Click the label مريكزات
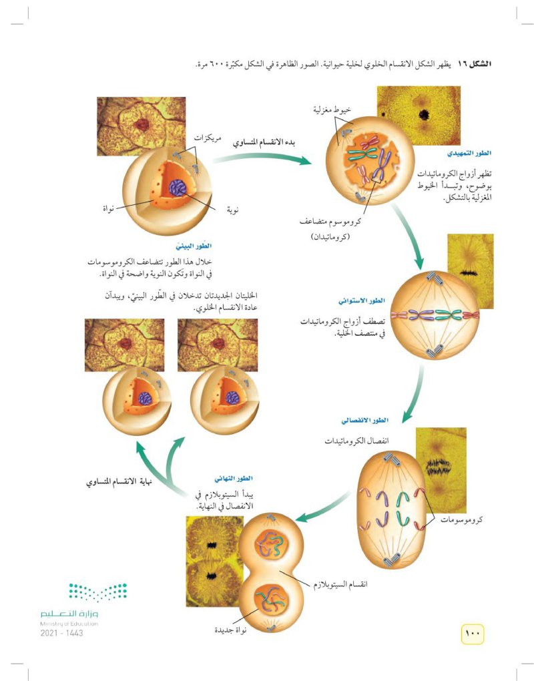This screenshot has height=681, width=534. [207, 138]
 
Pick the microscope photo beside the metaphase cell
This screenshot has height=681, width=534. [471, 271]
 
